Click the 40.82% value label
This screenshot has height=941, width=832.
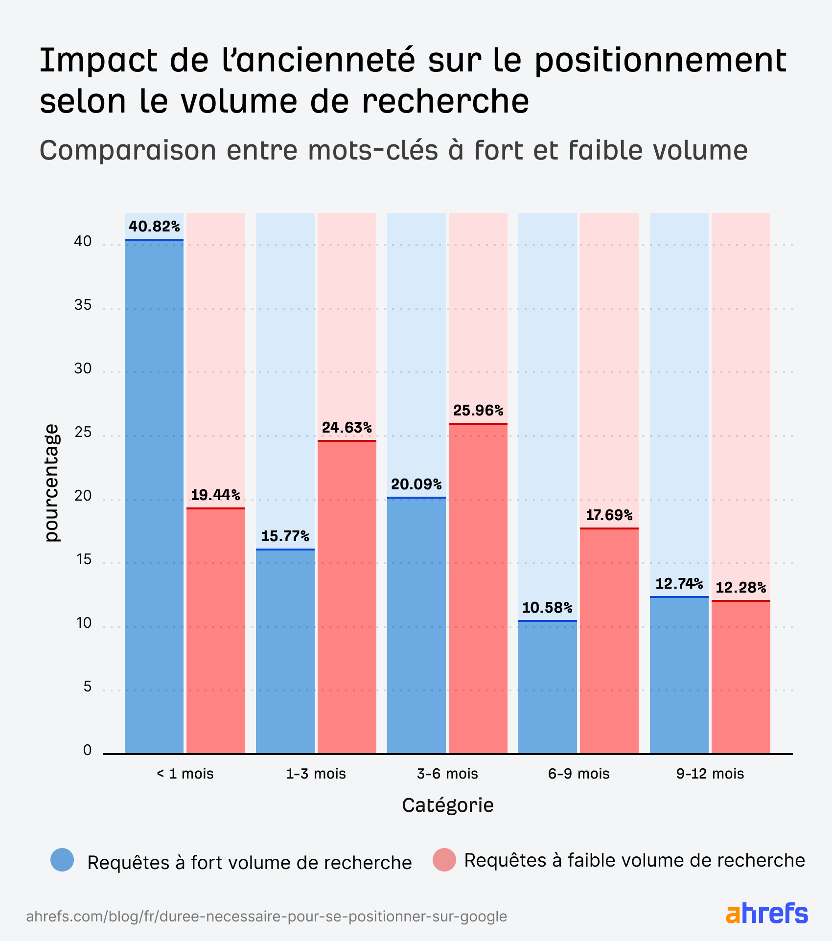[x=154, y=227]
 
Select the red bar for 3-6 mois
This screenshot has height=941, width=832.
[x=478, y=587]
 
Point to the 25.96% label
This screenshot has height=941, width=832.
[x=478, y=410]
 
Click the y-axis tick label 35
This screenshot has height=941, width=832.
[x=83, y=305]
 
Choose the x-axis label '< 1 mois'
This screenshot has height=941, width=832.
[x=185, y=774]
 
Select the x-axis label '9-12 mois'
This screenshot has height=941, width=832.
[x=710, y=774]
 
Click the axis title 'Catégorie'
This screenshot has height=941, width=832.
[x=447, y=805]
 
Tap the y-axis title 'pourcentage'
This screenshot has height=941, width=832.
[x=51, y=483]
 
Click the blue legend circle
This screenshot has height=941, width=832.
[x=62, y=860]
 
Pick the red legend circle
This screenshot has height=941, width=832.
[x=444, y=860]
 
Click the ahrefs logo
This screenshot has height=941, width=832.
[x=766, y=913]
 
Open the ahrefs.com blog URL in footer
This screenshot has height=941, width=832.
[x=266, y=916]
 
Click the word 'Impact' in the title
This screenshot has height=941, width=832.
[x=98, y=61]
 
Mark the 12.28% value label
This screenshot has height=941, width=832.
[x=740, y=587]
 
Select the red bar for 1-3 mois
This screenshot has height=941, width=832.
[x=347, y=597]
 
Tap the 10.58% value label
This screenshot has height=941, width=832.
[x=547, y=608]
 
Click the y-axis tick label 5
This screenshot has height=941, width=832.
[x=87, y=687]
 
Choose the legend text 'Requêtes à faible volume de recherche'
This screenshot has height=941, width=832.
[x=634, y=860]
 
